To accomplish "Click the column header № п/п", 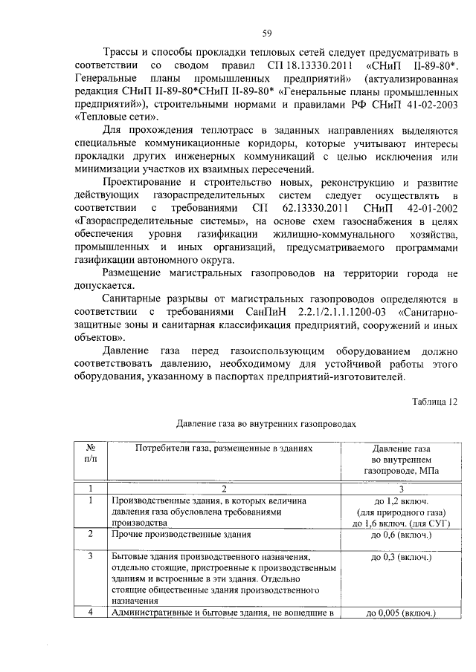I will [90, 454].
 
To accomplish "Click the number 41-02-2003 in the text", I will [430, 104].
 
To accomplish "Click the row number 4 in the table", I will [90, 613].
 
